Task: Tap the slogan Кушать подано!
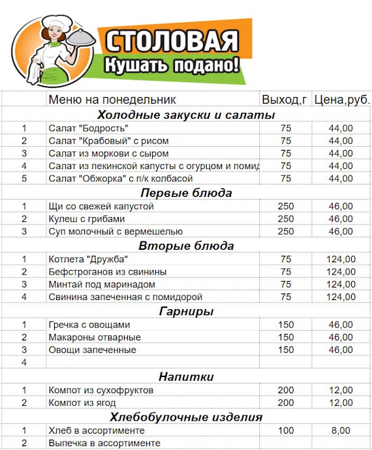pos(172,65)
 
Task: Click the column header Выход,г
pos(285,100)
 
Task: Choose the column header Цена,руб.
pos(341,100)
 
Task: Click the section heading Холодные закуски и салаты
pos(187,115)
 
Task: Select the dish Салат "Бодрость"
pos(88,128)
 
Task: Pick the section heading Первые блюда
pos(187,193)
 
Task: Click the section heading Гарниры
pos(187,311)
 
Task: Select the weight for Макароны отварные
pos(286,337)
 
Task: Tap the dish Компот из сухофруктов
pos(101,390)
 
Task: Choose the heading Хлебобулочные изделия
pos(187,417)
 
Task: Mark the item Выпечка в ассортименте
pos(104,443)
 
